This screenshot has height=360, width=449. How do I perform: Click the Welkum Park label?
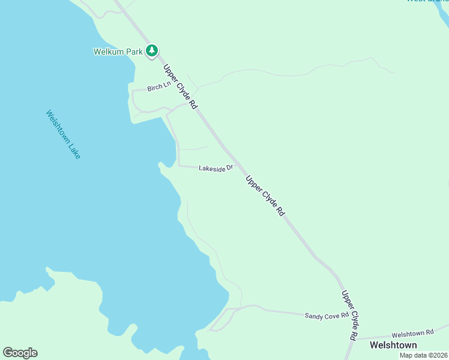pyautogui.click(x=118, y=52)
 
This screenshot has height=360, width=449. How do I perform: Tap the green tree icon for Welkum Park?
pyautogui.click(x=152, y=51)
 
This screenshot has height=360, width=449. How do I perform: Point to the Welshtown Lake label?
pyautogui.click(x=63, y=134)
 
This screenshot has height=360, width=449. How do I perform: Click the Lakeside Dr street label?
pyautogui.click(x=215, y=169)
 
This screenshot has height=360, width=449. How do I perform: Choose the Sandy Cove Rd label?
pyautogui.click(x=327, y=315)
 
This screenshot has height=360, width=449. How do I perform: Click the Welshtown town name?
pyautogui.click(x=393, y=345)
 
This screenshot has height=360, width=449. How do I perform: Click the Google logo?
pyautogui.click(x=20, y=352)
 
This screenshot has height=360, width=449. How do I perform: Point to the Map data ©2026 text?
pyautogui.click(x=423, y=355)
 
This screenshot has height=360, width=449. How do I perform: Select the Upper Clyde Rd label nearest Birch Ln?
pyautogui.click(x=179, y=87)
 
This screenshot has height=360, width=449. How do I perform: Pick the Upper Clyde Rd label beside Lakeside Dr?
pyautogui.click(x=265, y=196)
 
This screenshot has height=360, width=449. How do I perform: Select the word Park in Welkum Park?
pyautogui.click(x=134, y=52)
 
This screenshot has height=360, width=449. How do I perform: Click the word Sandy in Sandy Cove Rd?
pyautogui.click(x=313, y=316)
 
